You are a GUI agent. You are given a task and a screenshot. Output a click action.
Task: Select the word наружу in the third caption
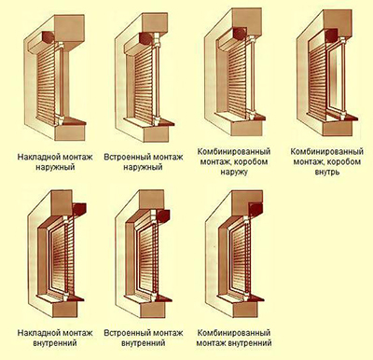[x=234, y=172]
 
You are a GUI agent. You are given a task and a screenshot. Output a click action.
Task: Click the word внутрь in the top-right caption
[x=326, y=172]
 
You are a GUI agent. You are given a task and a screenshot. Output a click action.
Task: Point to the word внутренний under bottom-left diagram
[x=55, y=343]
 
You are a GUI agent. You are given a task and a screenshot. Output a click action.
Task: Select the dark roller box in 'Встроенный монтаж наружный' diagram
[x=146, y=38]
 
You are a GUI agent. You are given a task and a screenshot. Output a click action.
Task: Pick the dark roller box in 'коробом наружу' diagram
[x=240, y=34]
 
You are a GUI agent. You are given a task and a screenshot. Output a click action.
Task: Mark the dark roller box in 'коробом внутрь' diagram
[x=330, y=35]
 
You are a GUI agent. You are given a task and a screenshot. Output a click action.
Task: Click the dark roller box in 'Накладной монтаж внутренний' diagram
[x=79, y=209]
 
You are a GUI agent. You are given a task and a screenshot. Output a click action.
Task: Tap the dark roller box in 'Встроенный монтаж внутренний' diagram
[x=163, y=215]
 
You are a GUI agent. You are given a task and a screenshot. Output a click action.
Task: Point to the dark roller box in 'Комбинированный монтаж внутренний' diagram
[x=256, y=209]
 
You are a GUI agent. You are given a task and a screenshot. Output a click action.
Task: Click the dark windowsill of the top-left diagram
[x=72, y=121]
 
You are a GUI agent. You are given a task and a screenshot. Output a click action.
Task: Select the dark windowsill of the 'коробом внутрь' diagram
[x=344, y=118]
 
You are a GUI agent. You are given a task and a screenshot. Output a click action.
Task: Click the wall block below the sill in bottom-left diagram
[x=64, y=310]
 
